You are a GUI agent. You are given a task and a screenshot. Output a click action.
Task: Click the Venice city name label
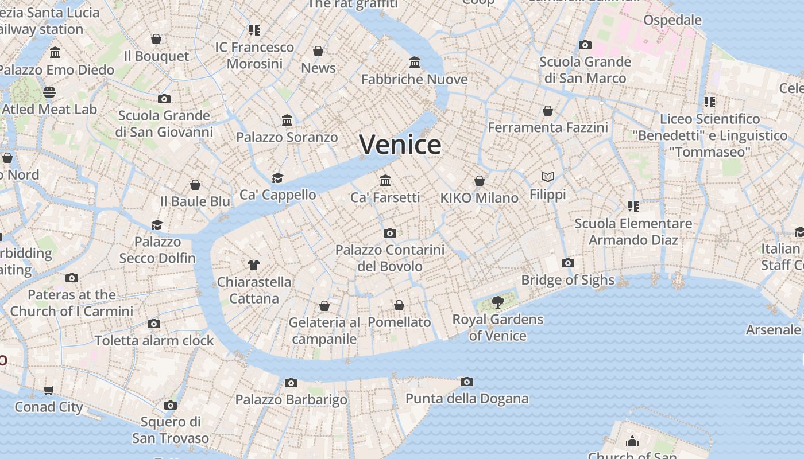click(x=400, y=144)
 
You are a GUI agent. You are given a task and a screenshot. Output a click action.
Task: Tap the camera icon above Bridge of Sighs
click(x=568, y=263)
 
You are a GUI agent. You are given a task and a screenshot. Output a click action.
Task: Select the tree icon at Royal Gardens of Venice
click(x=497, y=302)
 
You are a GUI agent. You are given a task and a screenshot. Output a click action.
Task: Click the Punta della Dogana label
click(x=467, y=398)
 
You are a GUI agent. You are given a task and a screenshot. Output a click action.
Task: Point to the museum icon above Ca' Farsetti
click(x=385, y=180)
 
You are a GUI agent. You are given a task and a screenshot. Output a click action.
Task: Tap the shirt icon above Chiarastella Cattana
click(x=254, y=264)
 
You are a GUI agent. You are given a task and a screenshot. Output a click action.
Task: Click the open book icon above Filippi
click(x=548, y=177)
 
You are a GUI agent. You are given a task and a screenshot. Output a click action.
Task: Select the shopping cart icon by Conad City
click(x=49, y=390)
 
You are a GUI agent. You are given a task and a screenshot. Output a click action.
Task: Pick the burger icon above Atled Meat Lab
click(x=49, y=92)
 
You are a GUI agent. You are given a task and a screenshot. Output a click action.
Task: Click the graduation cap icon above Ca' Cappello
click(x=278, y=178)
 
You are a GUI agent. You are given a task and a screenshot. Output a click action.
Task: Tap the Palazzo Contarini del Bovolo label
click(x=390, y=258)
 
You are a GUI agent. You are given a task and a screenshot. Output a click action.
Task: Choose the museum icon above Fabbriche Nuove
click(x=415, y=62)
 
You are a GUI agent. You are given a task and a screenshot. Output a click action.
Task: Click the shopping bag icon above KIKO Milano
click(x=480, y=181)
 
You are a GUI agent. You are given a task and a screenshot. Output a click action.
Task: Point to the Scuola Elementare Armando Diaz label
click(x=633, y=231)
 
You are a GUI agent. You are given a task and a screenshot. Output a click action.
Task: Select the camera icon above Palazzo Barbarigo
click(x=291, y=383)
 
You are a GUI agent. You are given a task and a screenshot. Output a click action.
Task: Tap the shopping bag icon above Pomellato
click(x=399, y=305)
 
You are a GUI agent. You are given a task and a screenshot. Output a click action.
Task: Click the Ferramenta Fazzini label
click(x=548, y=127)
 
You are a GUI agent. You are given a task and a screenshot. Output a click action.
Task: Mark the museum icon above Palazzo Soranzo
click(x=287, y=120)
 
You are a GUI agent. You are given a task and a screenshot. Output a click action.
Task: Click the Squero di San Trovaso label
click(x=171, y=430)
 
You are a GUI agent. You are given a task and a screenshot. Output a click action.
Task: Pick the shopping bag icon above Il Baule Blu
click(x=195, y=185)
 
